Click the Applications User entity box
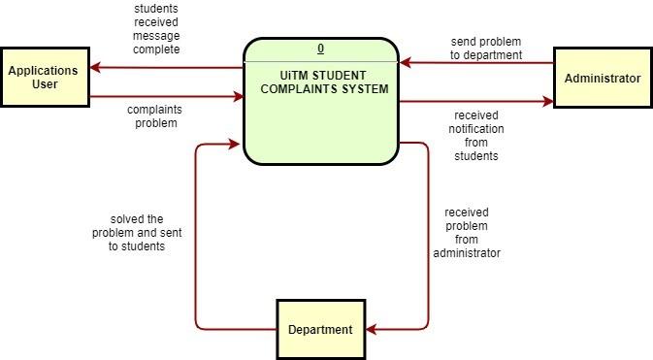(x=45, y=77)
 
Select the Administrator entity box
(x=602, y=77)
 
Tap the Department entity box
(x=320, y=329)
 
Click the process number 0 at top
(x=321, y=49)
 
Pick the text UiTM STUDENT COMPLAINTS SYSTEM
(x=321, y=82)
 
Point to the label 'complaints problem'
(x=154, y=116)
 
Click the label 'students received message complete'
(x=156, y=29)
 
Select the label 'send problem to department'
(x=486, y=49)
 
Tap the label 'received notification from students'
(x=475, y=135)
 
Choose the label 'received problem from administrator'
(x=467, y=233)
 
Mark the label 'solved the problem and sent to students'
(x=137, y=233)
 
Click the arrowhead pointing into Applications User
(x=95, y=68)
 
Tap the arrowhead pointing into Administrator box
(x=547, y=101)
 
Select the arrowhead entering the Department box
(x=373, y=329)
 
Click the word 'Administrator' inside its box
(x=602, y=78)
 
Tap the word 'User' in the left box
(x=45, y=84)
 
